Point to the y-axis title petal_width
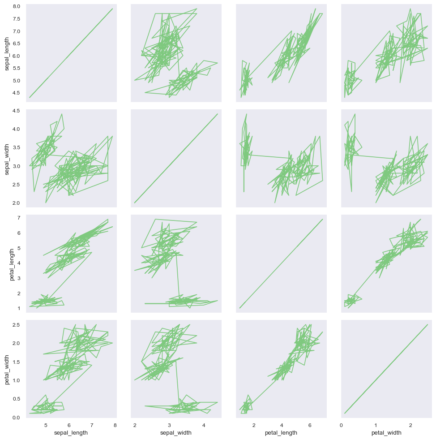coord(7,369)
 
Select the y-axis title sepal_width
coord(7,159)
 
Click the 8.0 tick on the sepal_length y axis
coord(17,7)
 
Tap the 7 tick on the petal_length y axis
coord(19,218)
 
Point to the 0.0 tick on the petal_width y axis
coord(17,418)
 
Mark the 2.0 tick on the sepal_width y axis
coord(17,203)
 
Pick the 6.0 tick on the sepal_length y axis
coord(17,56)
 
